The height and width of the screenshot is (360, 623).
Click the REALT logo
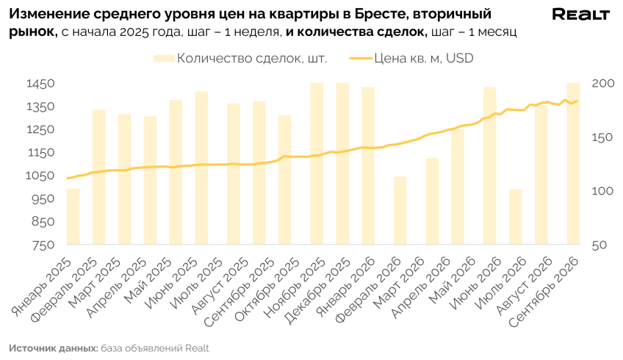coord(580,15)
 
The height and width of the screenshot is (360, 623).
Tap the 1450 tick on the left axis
coord(40,84)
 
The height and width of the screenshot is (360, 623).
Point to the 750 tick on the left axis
coord(43,245)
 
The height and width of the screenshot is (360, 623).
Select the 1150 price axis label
coord(41,153)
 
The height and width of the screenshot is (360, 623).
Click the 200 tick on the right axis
coord(603,84)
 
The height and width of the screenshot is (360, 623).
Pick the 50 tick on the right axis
coord(599,245)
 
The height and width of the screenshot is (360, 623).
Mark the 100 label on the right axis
coord(602,191)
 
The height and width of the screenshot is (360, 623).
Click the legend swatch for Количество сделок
coord(164,59)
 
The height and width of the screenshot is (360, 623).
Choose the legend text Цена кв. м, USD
coord(424,59)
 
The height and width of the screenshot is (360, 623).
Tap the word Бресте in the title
coord(381,14)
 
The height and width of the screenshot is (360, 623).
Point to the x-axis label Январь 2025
coord(42,287)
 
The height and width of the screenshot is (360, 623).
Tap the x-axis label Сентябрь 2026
coord(543,293)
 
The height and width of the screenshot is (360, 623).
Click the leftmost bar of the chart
coord(73,217)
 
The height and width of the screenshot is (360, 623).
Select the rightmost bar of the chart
coord(573,164)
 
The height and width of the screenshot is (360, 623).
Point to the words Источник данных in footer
coord(53,348)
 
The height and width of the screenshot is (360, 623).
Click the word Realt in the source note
coord(197,348)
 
